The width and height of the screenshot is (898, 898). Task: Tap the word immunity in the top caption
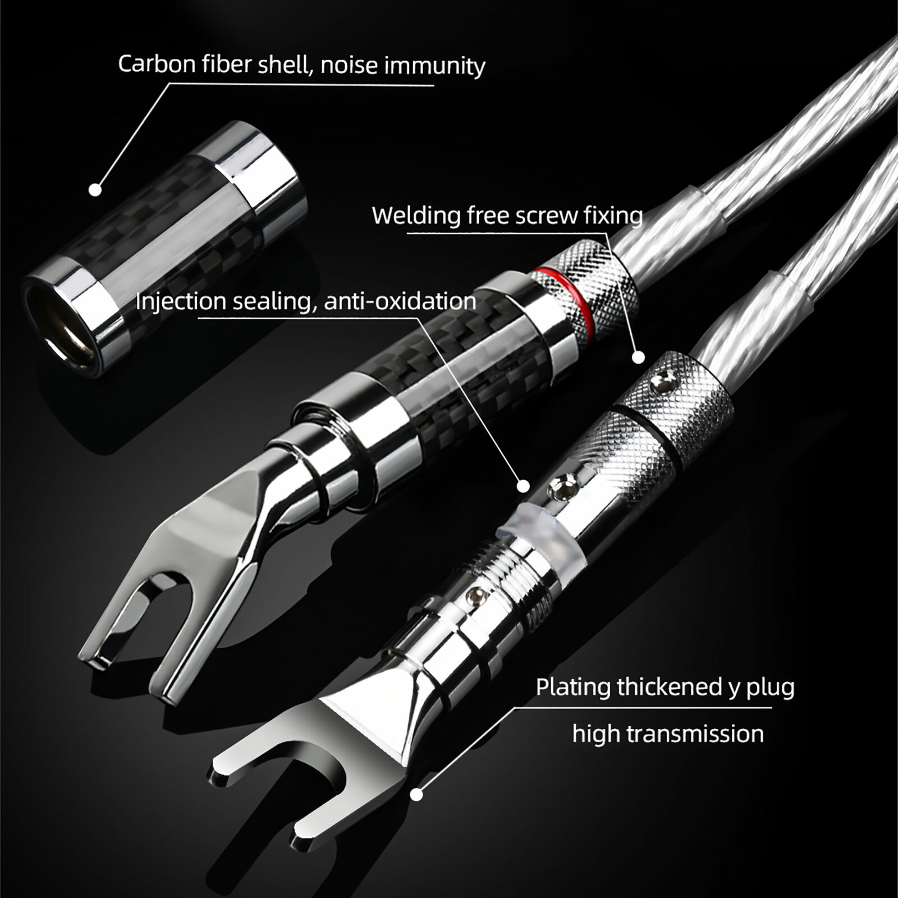click(x=434, y=67)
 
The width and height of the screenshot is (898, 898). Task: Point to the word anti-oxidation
click(x=400, y=301)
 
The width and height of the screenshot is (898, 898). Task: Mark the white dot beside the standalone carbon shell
click(x=96, y=190)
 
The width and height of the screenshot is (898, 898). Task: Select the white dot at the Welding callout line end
click(x=638, y=357)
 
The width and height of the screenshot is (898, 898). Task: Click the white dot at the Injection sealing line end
click(x=523, y=485)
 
